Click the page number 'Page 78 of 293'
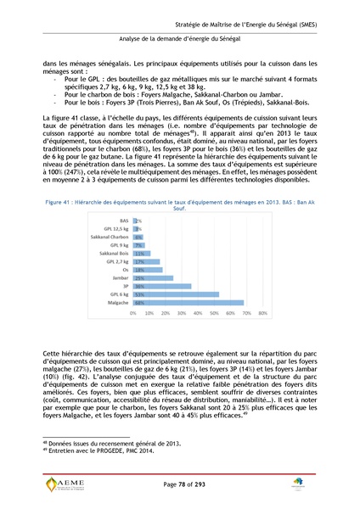point(181,483)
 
